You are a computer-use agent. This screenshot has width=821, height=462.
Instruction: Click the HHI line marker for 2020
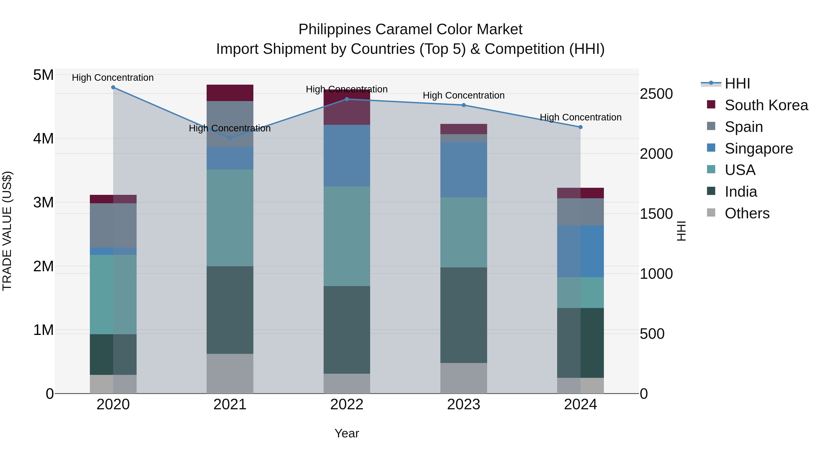[x=113, y=87]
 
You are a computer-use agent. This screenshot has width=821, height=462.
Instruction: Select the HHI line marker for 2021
[x=230, y=138]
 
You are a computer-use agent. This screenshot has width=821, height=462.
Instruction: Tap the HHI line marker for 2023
[x=464, y=105]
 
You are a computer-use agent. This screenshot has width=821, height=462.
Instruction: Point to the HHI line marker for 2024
[x=580, y=127]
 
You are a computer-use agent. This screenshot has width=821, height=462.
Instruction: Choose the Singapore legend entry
[x=759, y=149]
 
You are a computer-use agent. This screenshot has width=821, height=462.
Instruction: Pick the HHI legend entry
[x=737, y=84]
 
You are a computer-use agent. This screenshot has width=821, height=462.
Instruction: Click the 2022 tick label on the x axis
[x=347, y=405]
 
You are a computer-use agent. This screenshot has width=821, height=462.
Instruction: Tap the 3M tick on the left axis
[x=44, y=202]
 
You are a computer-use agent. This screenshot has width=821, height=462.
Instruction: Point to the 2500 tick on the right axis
[x=656, y=94]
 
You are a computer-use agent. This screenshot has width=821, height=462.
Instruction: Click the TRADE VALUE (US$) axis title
[x=7, y=231]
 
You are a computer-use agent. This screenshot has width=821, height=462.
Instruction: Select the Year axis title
[x=347, y=433]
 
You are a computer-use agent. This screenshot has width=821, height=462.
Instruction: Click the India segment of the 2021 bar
[x=230, y=310]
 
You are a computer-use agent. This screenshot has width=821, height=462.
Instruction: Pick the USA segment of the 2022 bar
[x=347, y=236]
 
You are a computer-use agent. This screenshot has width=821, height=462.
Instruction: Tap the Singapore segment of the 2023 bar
[x=464, y=170]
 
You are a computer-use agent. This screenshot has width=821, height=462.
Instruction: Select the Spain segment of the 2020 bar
[x=113, y=225]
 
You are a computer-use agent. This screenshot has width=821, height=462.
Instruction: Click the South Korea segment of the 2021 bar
[x=230, y=93]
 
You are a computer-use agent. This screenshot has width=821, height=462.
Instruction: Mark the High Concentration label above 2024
[x=580, y=117]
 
